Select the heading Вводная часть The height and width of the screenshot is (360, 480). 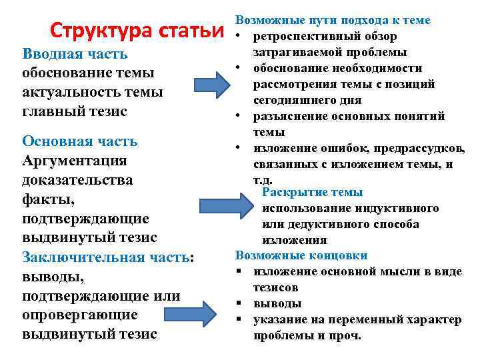75,54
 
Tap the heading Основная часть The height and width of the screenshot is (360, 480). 80,141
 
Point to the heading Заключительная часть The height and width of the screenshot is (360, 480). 107,257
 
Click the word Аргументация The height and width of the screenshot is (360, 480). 75,161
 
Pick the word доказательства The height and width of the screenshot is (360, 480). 77,180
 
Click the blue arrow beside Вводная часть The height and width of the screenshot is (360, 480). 213,84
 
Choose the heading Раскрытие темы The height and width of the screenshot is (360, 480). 313,192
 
